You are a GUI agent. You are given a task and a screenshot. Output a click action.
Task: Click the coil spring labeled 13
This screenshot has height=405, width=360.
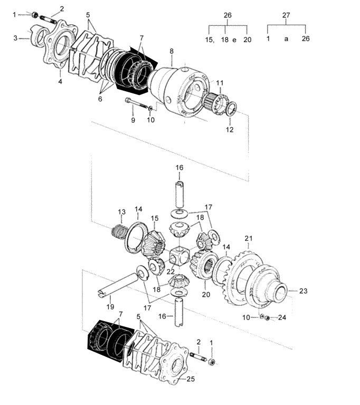(119, 231)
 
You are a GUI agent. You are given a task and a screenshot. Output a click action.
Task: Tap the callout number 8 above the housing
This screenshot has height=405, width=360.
(172, 51)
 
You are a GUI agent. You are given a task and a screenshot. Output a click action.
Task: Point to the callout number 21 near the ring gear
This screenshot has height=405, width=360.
(249, 238)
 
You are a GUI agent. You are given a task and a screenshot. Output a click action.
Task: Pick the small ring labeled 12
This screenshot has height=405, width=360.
(231, 109)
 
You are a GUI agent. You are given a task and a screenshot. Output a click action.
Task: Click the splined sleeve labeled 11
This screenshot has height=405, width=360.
(215, 102)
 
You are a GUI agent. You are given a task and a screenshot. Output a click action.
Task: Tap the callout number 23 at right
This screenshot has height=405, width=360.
(303, 291)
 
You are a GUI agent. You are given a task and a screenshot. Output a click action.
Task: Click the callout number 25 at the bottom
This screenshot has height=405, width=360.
(191, 379)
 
